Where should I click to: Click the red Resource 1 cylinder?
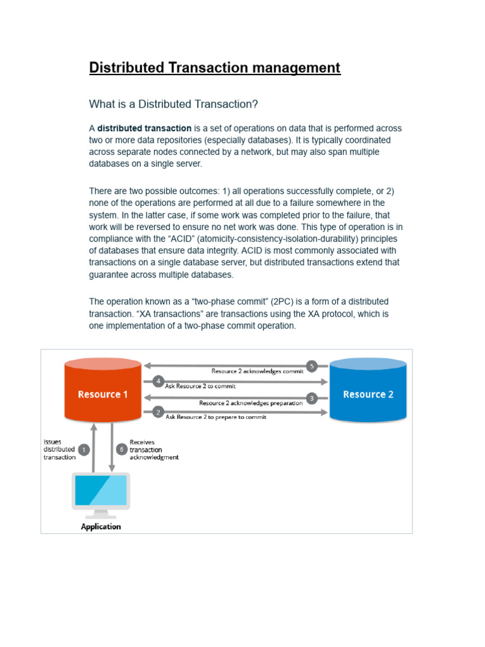[x=103, y=393]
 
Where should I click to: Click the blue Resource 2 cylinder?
[x=368, y=393]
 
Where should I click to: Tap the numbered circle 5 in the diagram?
[x=311, y=366]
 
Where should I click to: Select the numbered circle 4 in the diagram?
[x=159, y=381]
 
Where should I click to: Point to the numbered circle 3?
[x=311, y=398]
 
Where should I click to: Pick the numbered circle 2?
[x=159, y=412]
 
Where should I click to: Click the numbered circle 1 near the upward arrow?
[x=84, y=449]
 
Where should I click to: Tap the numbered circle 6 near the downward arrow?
[x=122, y=449]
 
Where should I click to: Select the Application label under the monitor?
[x=101, y=526]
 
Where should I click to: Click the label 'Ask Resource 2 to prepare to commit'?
[x=215, y=417]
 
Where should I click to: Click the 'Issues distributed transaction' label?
[x=59, y=449]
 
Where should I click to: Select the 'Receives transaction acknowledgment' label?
[x=153, y=449]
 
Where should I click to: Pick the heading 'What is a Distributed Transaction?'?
[x=174, y=104]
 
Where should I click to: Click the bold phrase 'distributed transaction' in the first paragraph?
[x=145, y=128]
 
